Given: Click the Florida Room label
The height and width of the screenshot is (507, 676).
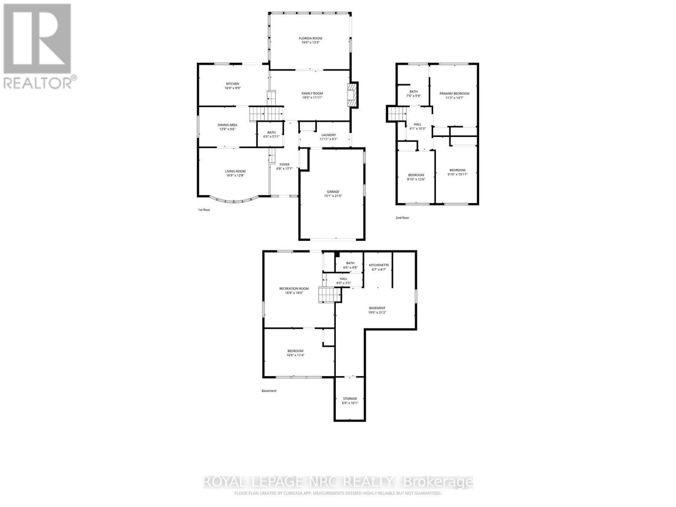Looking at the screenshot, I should pos(311,38).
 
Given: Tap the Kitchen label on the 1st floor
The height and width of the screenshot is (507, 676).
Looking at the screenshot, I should pos(232,84).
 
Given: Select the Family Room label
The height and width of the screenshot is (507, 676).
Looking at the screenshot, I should pos(312,93).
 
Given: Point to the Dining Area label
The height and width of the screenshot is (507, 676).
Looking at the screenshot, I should pos(227,125).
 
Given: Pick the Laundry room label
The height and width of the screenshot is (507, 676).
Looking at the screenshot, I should pos(328,135).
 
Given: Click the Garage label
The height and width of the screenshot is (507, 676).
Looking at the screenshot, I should pos(332,191).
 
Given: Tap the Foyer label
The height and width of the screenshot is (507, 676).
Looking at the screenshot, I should pos(284,164).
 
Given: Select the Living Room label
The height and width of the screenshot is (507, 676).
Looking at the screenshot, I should pos(235,171).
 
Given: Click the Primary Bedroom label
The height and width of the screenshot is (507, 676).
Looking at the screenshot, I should pos(454,93).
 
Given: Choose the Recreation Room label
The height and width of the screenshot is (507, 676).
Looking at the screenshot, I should pos(294,289).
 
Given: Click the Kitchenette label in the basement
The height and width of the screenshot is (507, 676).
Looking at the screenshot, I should pos(379,265).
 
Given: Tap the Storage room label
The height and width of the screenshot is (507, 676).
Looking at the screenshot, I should pos(350,398).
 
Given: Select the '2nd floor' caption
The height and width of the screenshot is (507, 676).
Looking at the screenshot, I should pos(402,218).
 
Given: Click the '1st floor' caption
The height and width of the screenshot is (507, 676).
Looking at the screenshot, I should pos(204,210).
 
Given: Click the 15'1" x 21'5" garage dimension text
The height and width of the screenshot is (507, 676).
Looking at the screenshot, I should pos(332,196).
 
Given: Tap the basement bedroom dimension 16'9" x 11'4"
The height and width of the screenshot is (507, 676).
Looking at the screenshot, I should pos(295,355).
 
